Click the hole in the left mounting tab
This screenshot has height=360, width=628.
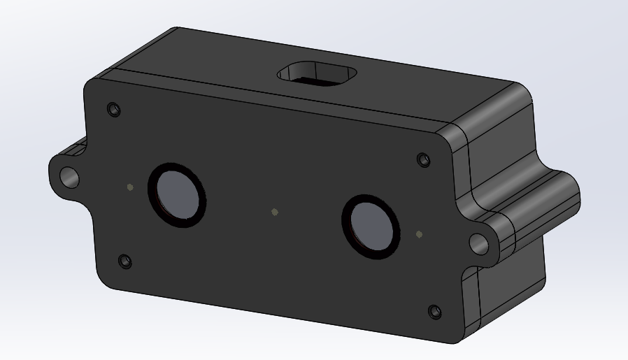(x=69, y=176)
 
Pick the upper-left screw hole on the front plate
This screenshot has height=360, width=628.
(x=114, y=110)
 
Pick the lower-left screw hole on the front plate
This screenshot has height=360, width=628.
(x=125, y=261)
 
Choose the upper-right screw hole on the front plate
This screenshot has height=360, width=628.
(x=423, y=159)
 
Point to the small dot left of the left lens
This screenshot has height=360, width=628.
(x=129, y=187)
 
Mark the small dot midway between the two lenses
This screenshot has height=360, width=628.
(x=275, y=212)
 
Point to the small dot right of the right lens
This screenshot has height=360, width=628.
(x=418, y=234)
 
